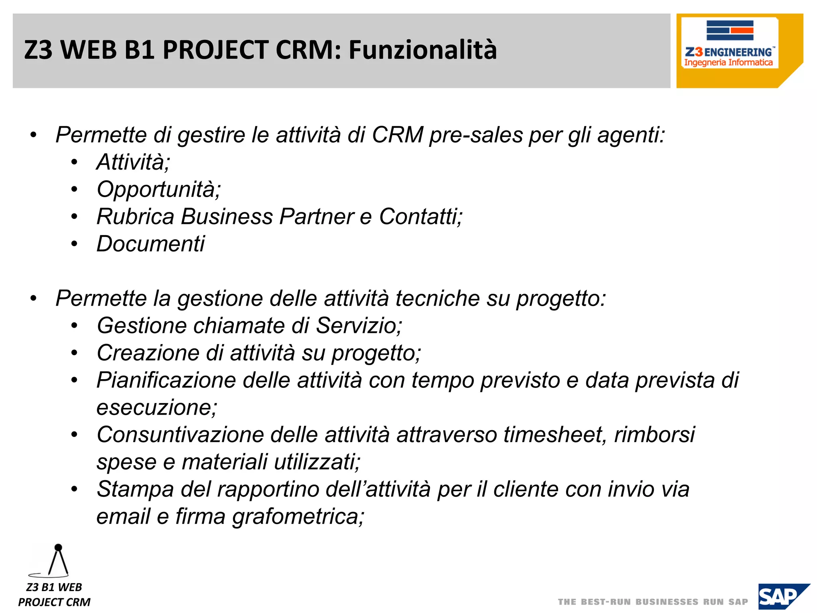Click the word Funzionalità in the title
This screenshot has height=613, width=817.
(x=423, y=50)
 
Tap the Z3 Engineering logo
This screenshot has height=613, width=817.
(x=729, y=44)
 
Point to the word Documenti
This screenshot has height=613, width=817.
(x=150, y=244)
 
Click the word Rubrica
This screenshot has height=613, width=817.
(x=135, y=217)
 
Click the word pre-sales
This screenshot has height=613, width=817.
(x=476, y=135)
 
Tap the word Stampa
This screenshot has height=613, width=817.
(x=135, y=489)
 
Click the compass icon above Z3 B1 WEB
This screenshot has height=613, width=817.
(x=56, y=561)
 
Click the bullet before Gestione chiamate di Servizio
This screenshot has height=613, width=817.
(x=74, y=326)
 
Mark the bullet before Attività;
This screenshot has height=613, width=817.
(x=74, y=162)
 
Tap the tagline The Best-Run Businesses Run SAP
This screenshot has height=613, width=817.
(x=653, y=602)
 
